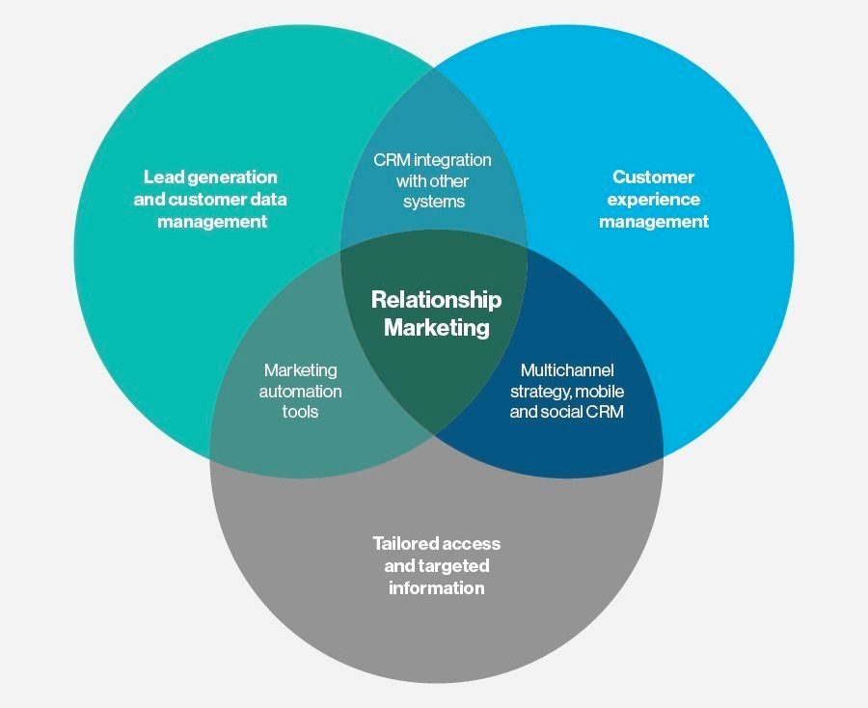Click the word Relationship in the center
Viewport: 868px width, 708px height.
tap(436, 299)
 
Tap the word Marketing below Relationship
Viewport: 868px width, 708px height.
tap(437, 327)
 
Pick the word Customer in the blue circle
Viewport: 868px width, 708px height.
tap(653, 177)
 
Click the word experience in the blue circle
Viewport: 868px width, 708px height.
tap(653, 201)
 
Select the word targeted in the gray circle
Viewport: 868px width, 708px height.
tap(454, 566)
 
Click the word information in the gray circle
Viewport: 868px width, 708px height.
tap(436, 587)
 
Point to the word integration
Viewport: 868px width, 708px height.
tap(452, 160)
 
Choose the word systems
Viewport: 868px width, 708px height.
tap(434, 202)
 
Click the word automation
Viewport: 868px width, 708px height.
tap(300, 392)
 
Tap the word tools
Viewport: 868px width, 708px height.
tap(300, 412)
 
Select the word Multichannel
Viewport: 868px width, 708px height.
tap(567, 369)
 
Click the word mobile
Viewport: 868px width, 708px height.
tap(600, 392)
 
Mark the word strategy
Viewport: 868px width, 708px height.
tap(540, 393)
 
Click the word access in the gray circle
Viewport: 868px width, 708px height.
tap(471, 545)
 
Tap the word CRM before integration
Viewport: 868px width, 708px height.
tap(392, 160)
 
